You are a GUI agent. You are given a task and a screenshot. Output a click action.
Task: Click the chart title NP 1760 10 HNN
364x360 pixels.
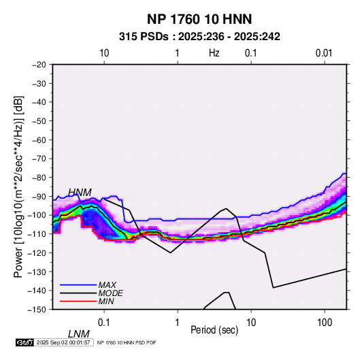pos(199,19)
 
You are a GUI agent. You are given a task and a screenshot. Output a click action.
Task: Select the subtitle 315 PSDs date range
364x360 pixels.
pos(199,37)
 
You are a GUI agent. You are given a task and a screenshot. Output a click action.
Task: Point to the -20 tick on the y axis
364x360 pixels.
pos(39,65)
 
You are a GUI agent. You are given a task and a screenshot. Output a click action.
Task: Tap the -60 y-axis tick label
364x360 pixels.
pos(39,140)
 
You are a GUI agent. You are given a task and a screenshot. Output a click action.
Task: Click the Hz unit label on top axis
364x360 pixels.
pos(214,53)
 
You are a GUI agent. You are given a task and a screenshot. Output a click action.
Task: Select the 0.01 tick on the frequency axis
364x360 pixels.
pos(324,53)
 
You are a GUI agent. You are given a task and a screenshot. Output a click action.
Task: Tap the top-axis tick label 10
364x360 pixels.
pos(104,53)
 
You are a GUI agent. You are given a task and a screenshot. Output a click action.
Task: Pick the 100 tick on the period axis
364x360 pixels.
pos(325,323)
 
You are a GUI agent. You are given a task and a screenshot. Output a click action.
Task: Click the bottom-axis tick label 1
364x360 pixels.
pos(178,323)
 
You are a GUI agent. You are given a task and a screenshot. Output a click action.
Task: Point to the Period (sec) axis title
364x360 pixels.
pos(214,330)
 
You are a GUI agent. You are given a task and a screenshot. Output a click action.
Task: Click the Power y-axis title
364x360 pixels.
pos(18,186)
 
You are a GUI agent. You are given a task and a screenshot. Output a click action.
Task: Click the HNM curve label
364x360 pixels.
pos(80,193)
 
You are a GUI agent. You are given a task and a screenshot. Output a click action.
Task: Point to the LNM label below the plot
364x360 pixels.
pos(78,334)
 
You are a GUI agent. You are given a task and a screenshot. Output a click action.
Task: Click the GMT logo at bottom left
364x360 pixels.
pos(24,342)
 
